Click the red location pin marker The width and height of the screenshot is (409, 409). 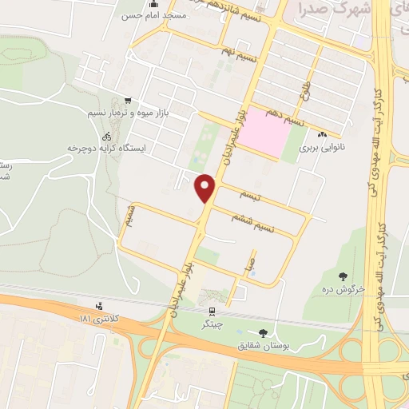[206, 189]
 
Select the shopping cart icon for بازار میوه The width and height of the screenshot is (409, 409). [128, 101]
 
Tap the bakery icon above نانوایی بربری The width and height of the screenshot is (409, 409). [322, 135]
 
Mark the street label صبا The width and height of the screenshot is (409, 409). [250, 262]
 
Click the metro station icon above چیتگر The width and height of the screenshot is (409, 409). [212, 311]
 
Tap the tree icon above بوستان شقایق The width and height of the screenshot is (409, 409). [263, 333]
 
